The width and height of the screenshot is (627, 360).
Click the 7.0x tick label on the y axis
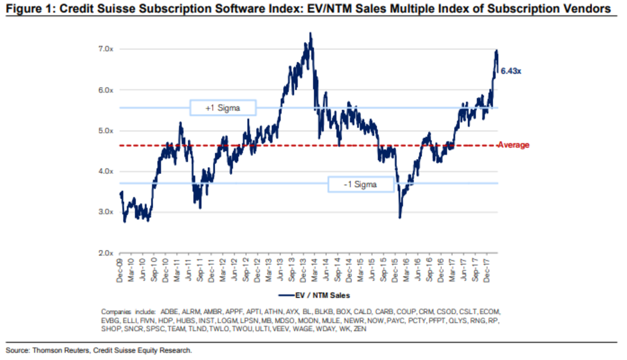[107, 49]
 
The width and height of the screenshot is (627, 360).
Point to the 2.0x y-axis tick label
[107, 253]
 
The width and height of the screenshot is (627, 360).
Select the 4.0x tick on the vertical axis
[107, 171]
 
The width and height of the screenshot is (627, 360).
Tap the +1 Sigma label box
[223, 108]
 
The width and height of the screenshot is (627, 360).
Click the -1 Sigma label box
[361, 184]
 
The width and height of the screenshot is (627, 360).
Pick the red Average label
[513, 145]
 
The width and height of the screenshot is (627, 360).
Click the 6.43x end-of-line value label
[510, 71]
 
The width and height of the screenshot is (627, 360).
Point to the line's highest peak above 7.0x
[310, 33]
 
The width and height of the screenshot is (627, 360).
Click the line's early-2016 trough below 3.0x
[400, 217]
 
